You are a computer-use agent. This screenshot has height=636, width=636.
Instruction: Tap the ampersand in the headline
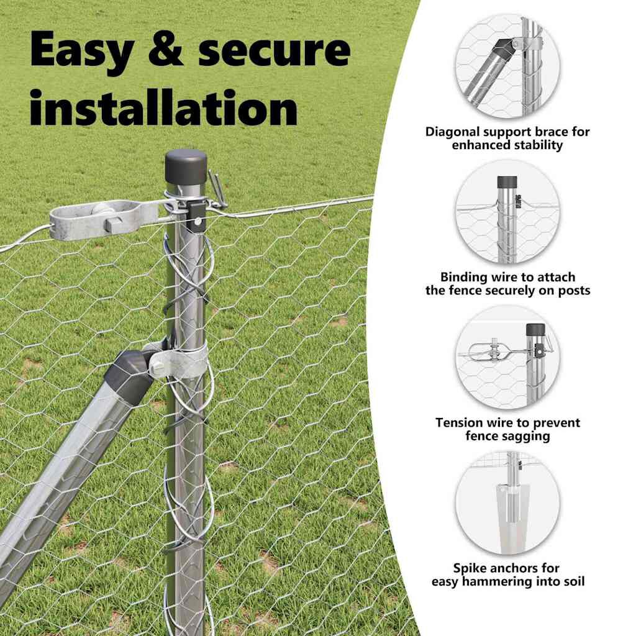pyautogui.click(x=165, y=48)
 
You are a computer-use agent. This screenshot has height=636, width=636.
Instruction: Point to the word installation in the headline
pyautogui.click(x=163, y=107)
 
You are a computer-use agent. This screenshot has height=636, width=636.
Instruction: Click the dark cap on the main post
pyautogui.click(x=186, y=166)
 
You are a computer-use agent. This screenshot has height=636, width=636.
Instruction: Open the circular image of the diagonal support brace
pyautogui.click(x=507, y=66)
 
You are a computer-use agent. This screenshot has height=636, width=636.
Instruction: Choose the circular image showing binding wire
pyautogui.click(x=507, y=212)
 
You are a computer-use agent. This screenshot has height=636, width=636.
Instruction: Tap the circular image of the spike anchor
pyautogui.click(x=507, y=503)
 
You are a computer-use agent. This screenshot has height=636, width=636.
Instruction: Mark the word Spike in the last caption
pyautogui.click(x=470, y=568)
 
